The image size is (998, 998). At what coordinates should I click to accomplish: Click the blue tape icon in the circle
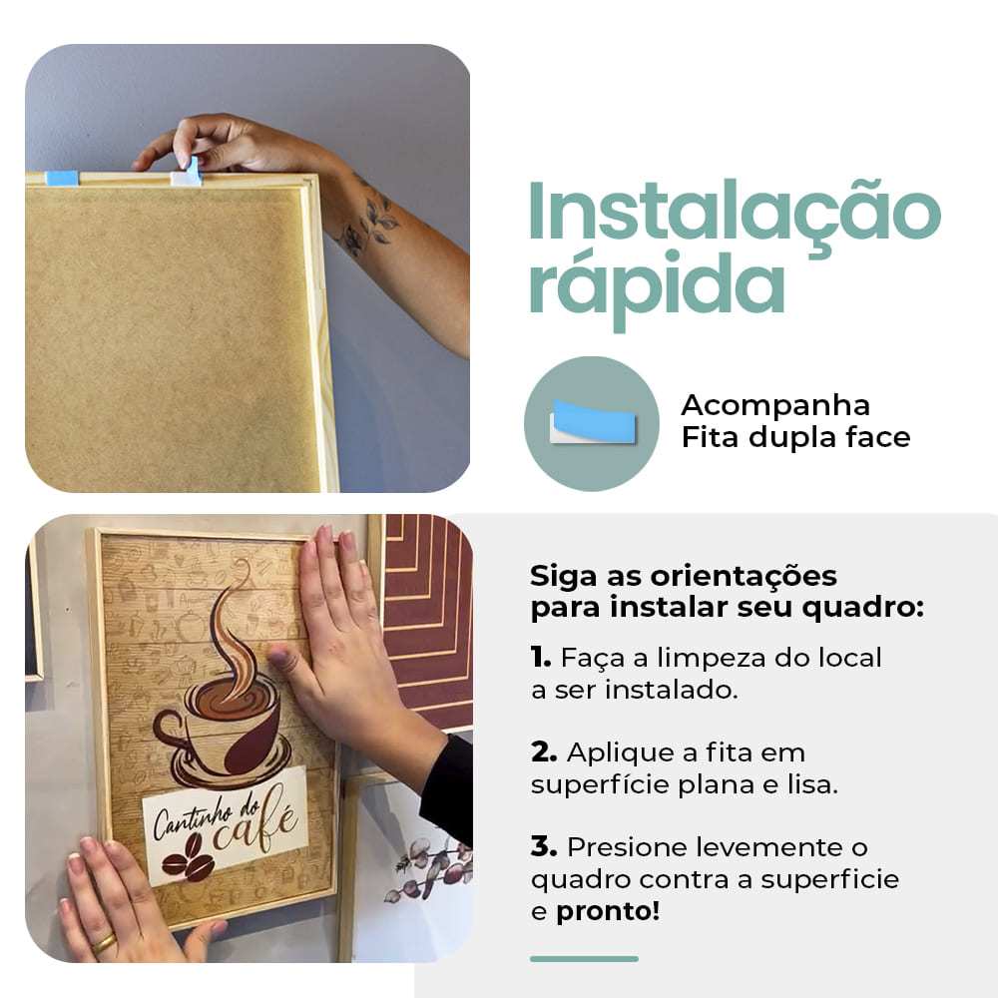[593, 421]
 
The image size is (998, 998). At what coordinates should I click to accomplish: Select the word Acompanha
[775, 406]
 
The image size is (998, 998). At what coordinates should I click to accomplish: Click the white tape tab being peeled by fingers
[187, 173]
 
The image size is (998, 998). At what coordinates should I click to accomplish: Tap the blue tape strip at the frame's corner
[61, 179]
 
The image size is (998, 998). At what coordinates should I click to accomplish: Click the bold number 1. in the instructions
[541, 657]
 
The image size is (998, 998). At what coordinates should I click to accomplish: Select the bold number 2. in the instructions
[544, 752]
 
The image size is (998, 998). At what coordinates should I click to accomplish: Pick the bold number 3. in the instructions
[544, 847]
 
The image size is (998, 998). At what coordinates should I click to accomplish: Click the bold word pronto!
[607, 911]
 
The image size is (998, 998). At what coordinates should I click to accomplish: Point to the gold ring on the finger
[104, 943]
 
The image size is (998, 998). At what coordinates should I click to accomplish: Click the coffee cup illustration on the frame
[223, 732]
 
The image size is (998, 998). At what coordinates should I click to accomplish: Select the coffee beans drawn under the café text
[188, 857]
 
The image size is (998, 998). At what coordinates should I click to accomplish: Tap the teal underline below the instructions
[584, 958]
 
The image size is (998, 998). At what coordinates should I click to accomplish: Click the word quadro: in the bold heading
[862, 607]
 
